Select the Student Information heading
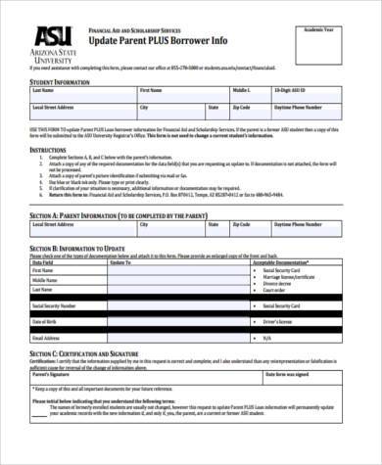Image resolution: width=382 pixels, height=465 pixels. click(61, 82)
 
